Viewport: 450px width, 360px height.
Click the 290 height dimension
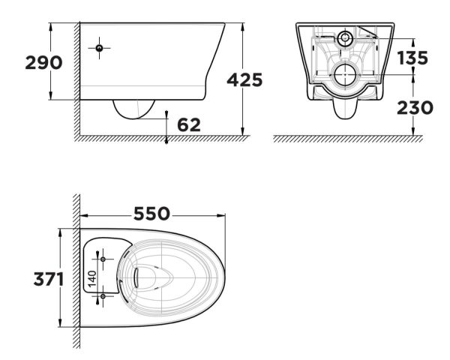(23, 62)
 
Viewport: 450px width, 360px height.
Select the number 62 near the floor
(189, 124)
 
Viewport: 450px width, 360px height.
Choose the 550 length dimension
(152, 213)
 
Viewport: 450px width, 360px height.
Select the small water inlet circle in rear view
(346, 37)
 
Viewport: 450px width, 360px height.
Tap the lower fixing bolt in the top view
(103, 297)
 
